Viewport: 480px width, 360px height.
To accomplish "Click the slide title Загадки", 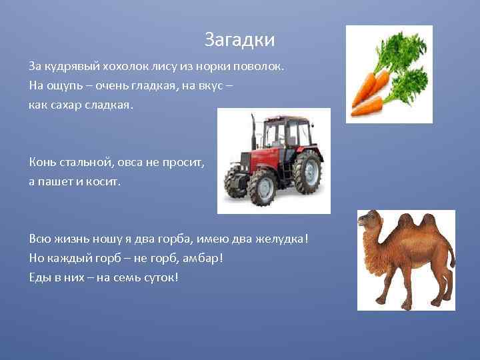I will click(239, 39).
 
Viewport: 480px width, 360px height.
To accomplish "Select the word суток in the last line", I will click(159, 277).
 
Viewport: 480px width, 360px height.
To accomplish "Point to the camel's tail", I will click(451, 257).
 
